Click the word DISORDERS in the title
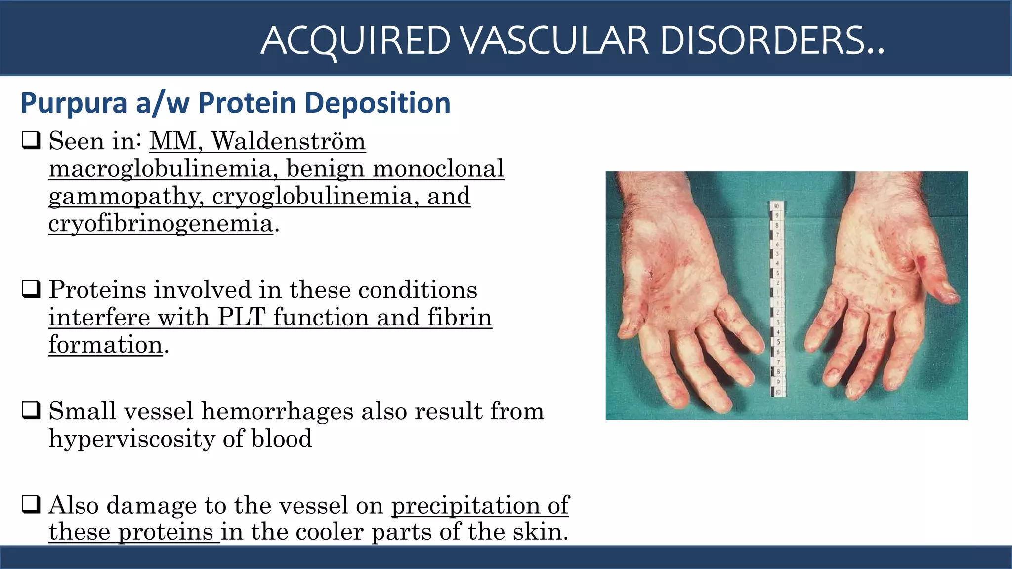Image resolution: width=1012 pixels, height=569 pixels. [x=771, y=41]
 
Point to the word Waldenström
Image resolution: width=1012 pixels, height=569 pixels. [x=289, y=141]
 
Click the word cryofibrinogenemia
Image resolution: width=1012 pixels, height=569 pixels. [x=161, y=224]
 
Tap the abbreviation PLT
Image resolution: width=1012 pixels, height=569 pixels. [x=242, y=317]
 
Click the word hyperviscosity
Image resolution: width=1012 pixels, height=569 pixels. [x=131, y=439]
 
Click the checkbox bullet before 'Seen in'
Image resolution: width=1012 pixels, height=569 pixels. [x=31, y=141]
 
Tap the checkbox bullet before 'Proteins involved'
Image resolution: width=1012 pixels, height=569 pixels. [x=31, y=289]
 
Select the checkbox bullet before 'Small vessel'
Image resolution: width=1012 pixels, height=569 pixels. [x=31, y=410]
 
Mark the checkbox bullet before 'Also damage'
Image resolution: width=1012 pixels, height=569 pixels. [x=31, y=505]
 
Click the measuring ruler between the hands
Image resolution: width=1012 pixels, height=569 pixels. [x=776, y=299]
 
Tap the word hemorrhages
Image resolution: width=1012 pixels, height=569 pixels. [x=277, y=411]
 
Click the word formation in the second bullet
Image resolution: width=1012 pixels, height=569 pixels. [x=105, y=345]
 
